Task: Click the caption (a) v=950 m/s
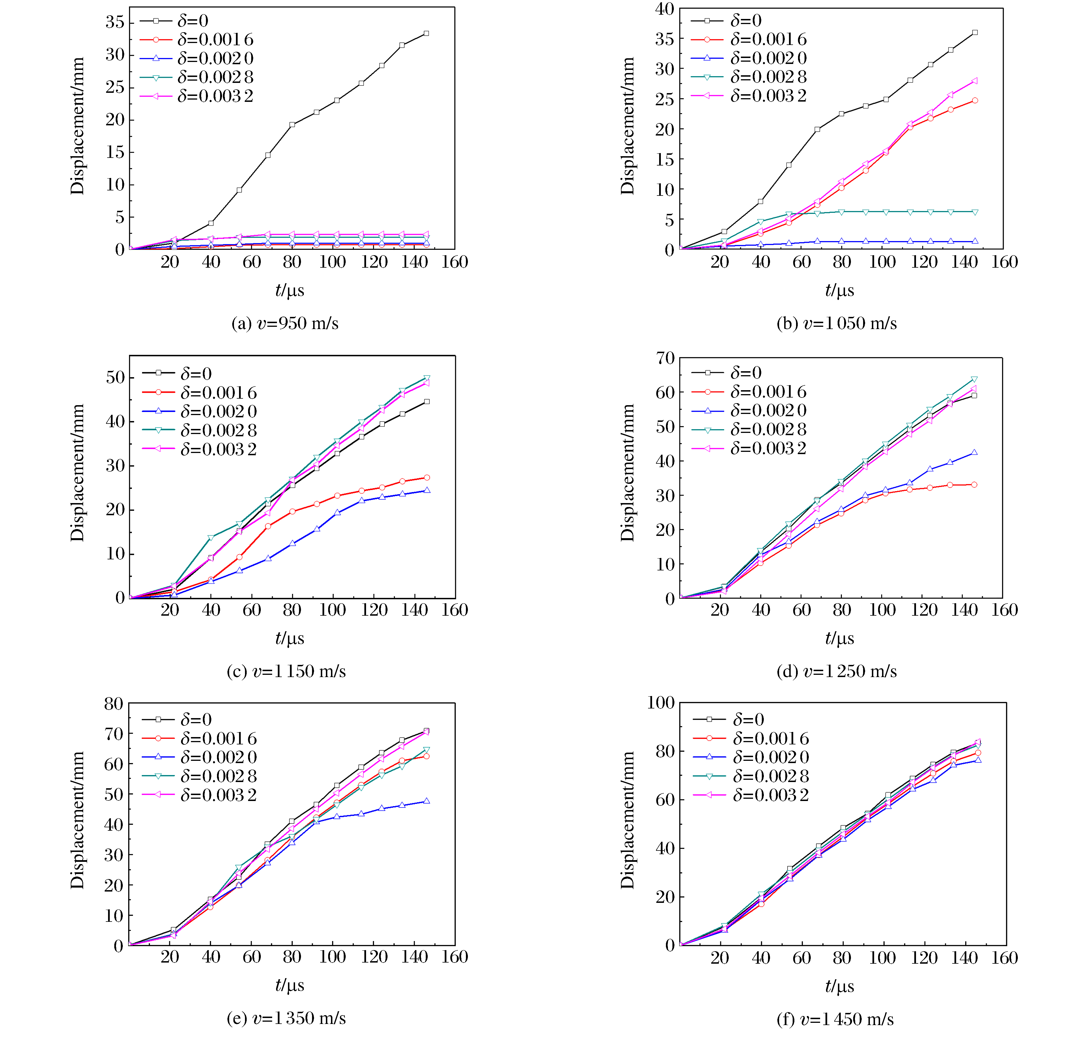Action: point(285,323)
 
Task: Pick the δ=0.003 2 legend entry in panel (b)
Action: point(768,96)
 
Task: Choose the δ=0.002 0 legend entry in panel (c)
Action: point(218,411)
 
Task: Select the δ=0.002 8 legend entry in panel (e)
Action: point(218,776)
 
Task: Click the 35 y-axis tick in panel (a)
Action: point(115,22)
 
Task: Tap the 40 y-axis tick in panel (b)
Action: point(665,9)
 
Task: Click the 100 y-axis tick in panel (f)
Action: point(661,703)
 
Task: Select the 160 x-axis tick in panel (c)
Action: point(455,610)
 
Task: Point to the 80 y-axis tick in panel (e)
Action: point(114,704)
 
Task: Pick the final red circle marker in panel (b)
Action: point(975,100)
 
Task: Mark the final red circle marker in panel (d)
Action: point(974,485)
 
